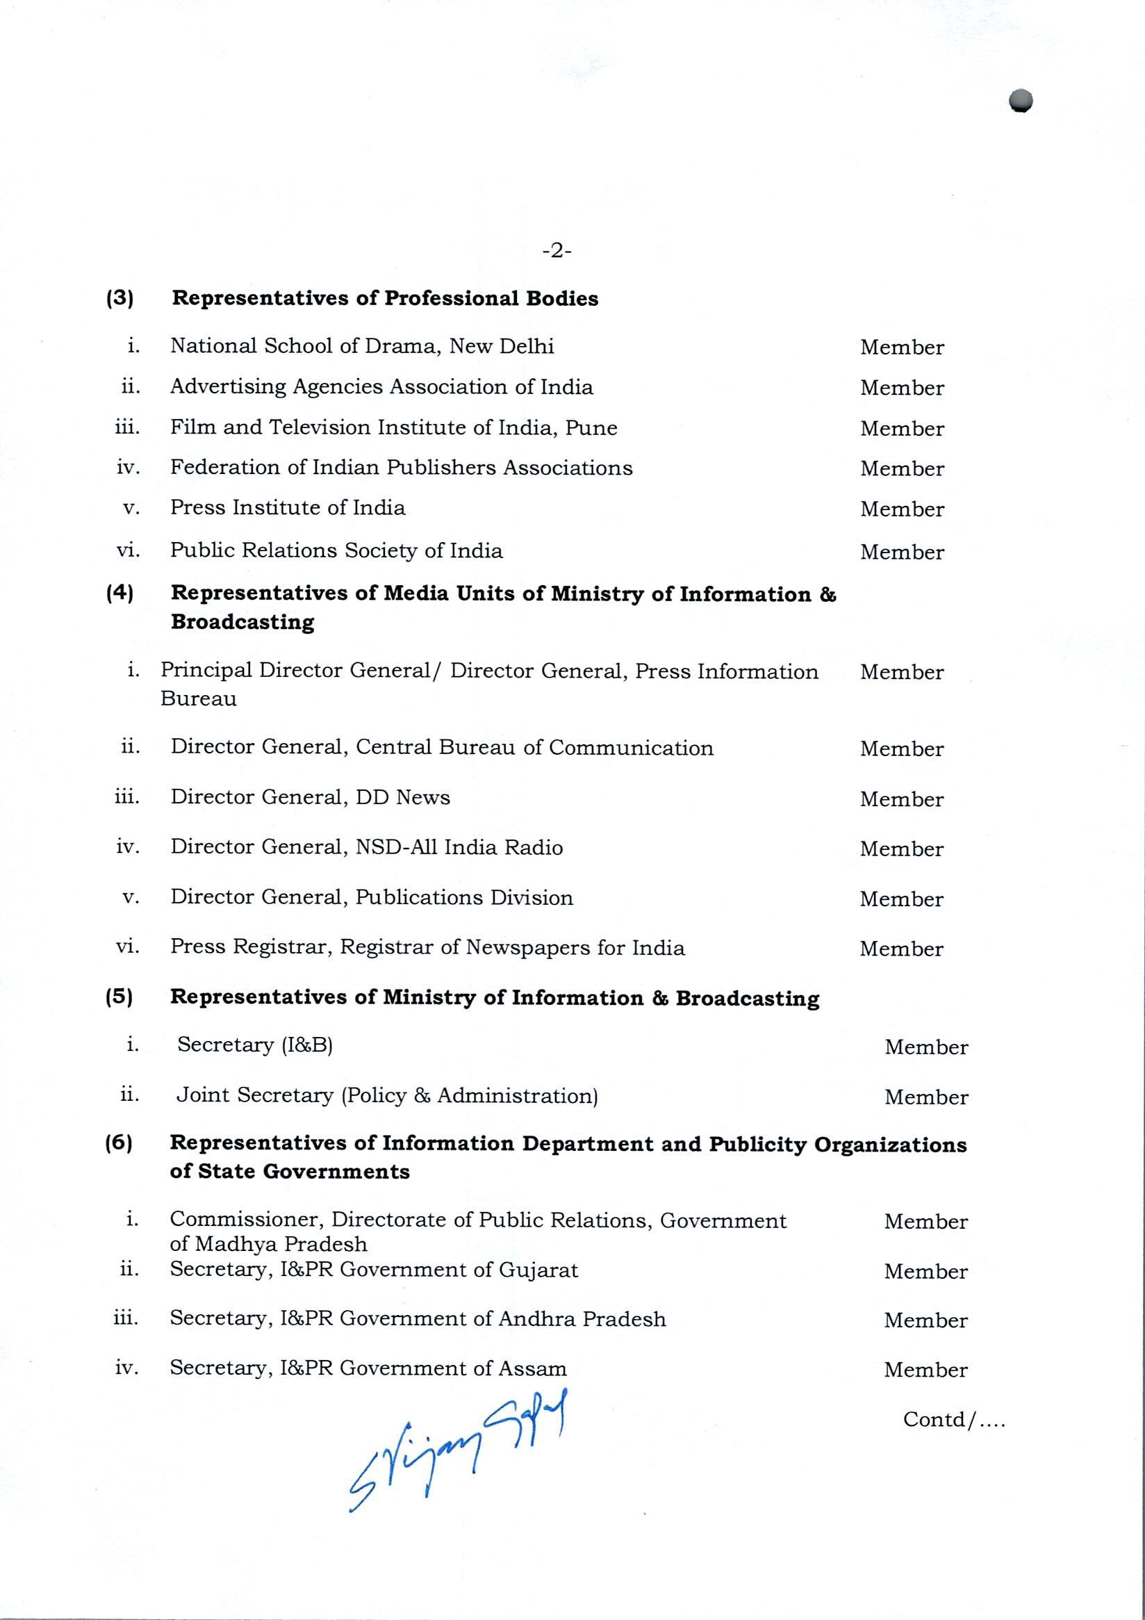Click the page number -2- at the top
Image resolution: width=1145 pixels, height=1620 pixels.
coord(557,250)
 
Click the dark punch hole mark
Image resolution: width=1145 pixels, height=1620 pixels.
coord(1020,101)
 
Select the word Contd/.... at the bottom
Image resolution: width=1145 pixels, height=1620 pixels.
coord(954,1420)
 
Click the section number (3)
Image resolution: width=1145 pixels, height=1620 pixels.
coord(120,297)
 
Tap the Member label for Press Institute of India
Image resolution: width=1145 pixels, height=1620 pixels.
coord(902,509)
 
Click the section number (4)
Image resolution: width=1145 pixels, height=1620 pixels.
coord(120,593)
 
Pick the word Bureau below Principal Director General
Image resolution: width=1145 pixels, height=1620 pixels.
coord(198,699)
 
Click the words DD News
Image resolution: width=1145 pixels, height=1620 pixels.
coord(403,797)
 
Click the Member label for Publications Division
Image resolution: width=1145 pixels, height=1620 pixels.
coord(901,899)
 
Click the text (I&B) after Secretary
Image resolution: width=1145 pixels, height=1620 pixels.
coord(307,1045)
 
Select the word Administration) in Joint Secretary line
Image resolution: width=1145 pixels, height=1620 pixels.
coord(518,1096)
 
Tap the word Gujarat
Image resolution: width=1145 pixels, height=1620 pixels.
coord(538,1270)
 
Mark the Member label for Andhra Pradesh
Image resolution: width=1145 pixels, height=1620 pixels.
coord(925,1321)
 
